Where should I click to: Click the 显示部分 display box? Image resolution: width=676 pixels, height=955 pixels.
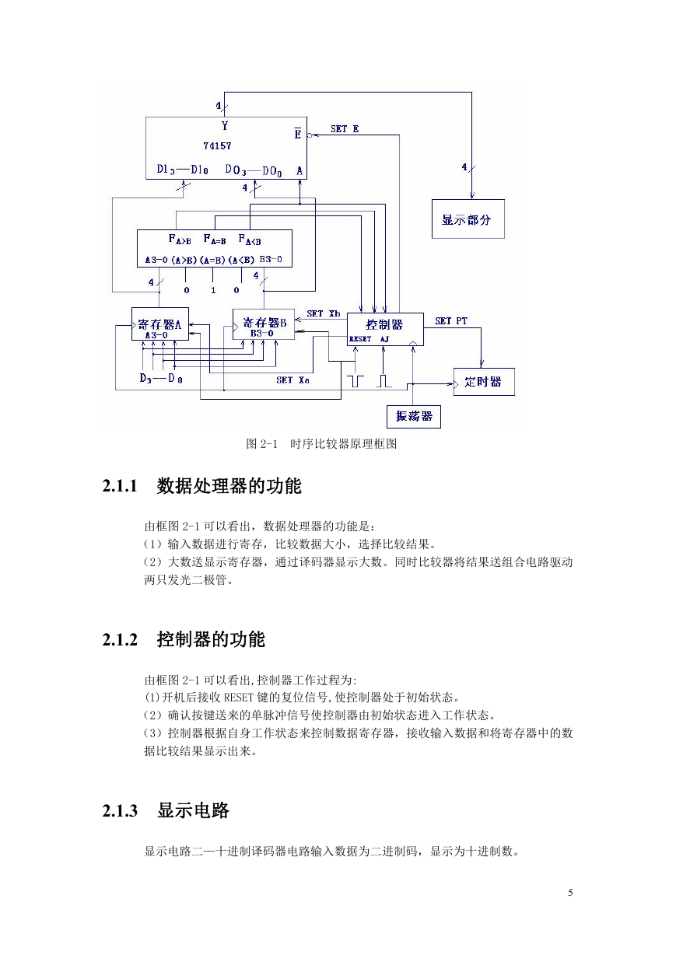tap(468, 219)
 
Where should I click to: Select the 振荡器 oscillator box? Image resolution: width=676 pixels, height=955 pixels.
tap(413, 417)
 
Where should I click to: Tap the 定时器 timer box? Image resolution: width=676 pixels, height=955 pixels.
tap(484, 382)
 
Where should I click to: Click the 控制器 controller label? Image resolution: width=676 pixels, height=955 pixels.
tap(384, 324)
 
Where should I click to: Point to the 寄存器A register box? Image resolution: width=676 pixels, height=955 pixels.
tap(160, 324)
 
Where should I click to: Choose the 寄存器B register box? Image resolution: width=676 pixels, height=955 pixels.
tap(264, 324)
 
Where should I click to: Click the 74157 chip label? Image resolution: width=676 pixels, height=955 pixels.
tap(217, 145)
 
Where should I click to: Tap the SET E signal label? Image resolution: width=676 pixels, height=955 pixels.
tap(345, 129)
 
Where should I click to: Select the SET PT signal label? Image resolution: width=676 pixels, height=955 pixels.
tap(451, 321)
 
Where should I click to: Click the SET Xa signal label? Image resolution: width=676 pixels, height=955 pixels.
tap(292, 380)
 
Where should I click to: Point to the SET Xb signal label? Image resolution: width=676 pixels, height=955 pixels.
tap(324, 313)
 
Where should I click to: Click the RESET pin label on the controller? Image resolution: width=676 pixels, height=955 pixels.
tap(360, 339)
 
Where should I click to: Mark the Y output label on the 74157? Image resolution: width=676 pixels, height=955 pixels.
tap(225, 126)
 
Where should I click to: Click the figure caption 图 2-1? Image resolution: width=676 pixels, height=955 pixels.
tap(261, 444)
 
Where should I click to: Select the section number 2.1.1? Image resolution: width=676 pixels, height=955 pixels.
tap(120, 485)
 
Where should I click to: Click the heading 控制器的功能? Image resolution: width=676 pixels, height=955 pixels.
tap(211, 639)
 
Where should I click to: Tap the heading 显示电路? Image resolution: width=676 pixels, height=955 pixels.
tap(193, 810)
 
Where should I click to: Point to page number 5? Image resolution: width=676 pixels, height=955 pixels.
tap(570, 892)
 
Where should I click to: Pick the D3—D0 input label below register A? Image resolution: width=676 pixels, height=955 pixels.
tap(161, 378)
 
